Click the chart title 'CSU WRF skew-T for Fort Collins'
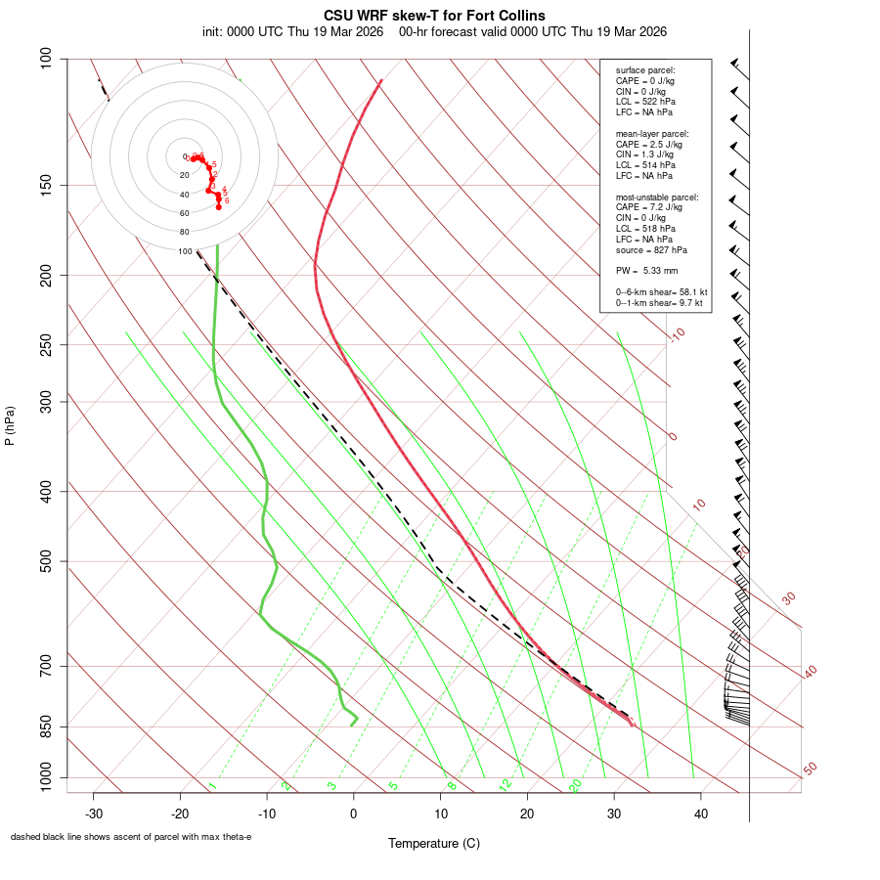[434, 16]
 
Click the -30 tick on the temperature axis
[94, 814]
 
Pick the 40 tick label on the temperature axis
[700, 814]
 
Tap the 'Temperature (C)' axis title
[434, 843]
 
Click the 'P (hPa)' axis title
[10, 425]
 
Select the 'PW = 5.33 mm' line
[646, 271]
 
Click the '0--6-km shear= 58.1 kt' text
[661, 292]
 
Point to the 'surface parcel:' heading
[645, 70]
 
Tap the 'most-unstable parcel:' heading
[656, 197]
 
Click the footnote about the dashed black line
[131, 837]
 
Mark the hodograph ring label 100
[185, 251]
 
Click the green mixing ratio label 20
[575, 784]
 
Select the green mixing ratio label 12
[506, 784]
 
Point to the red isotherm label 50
[811, 769]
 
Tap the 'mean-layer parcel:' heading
[652, 133]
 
